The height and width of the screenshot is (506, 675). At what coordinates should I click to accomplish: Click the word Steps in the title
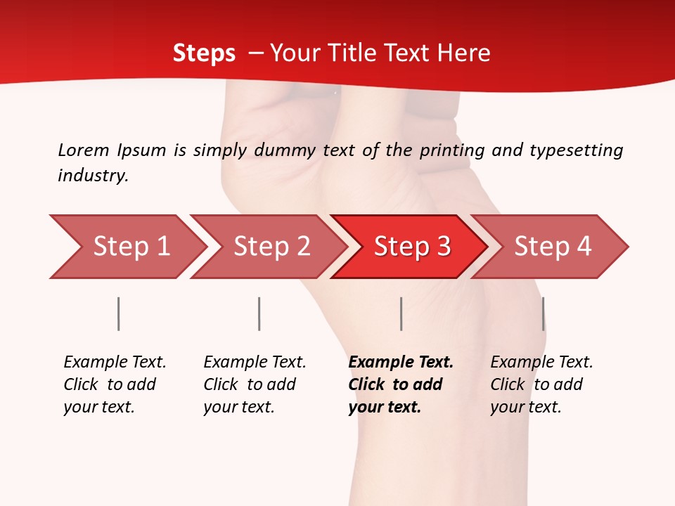204,53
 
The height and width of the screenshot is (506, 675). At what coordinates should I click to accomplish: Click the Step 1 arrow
131,247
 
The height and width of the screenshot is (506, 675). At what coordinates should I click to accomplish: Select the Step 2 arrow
271,247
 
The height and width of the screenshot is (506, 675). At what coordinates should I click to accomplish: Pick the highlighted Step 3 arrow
412,247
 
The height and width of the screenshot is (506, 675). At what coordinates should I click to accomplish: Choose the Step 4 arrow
553,247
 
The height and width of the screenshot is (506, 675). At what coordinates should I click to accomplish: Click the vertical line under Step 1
119,313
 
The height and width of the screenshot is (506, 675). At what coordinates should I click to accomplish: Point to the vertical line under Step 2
259,313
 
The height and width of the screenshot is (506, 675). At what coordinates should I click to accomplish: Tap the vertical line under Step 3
401,313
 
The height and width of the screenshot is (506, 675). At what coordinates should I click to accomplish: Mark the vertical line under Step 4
543,313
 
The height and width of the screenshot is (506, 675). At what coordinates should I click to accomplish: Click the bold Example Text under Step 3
401,363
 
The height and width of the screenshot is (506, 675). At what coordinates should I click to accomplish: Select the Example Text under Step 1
115,363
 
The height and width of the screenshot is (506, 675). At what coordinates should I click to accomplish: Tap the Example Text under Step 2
255,363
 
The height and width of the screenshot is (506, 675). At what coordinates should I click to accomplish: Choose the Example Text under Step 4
541,363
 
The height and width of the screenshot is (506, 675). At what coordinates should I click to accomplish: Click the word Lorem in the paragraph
83,150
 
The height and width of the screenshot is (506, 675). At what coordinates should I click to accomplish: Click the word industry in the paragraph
93,176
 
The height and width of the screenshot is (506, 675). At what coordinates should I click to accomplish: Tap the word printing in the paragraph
449,150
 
